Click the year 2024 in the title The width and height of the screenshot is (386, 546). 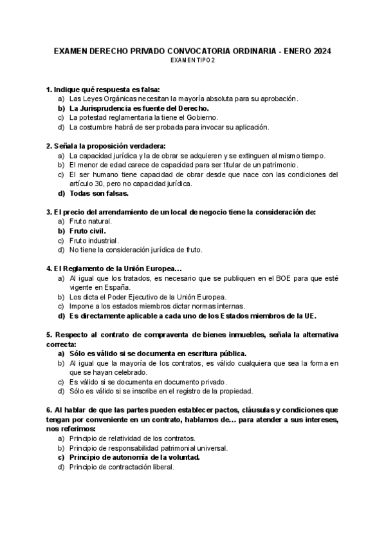(x=322, y=51)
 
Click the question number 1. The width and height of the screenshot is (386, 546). (x=49, y=89)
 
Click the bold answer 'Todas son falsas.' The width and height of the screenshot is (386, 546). (x=99, y=193)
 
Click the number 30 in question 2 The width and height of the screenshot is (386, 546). (x=98, y=184)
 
